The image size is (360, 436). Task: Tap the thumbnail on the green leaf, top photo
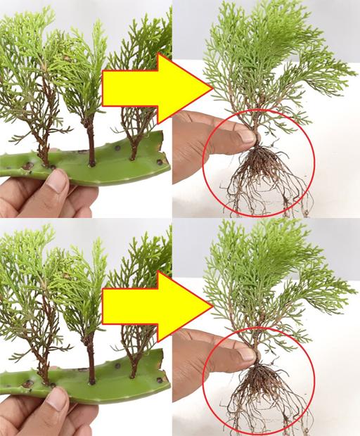coord(57,185)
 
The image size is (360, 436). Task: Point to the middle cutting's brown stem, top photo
coord(91,144)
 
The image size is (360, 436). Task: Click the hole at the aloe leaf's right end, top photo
coord(160,162)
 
